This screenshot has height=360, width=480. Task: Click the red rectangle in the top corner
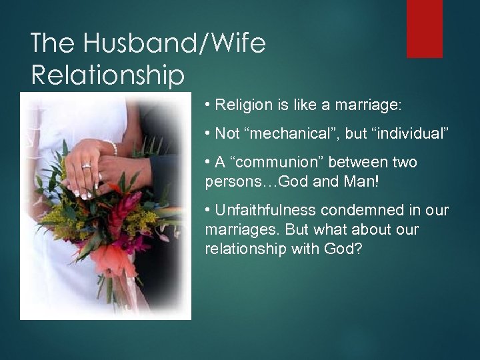(x=424, y=29)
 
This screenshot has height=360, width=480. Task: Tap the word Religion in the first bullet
(x=241, y=105)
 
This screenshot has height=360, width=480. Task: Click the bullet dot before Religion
(x=209, y=105)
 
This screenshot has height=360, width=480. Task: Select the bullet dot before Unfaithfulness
(x=209, y=211)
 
